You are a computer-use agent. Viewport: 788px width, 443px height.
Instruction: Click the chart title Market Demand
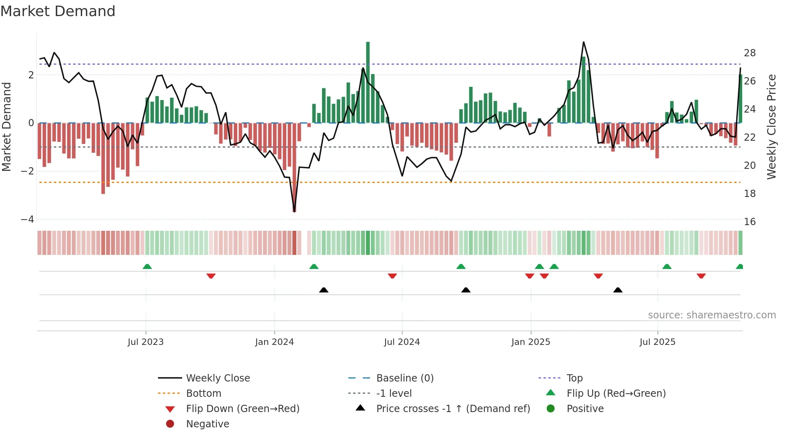[x=58, y=11]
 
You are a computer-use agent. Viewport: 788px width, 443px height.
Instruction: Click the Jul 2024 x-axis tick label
[x=402, y=342]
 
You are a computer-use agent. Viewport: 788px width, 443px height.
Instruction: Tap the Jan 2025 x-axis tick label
[x=530, y=342]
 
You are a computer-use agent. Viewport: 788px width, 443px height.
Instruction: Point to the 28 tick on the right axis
[x=749, y=53]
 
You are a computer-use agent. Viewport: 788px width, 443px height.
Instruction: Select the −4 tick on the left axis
[x=27, y=219]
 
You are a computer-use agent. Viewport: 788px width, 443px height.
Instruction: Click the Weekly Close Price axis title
[x=771, y=127]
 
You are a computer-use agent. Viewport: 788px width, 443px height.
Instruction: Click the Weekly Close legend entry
[x=218, y=378]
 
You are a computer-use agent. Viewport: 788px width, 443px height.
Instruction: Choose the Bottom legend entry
[x=203, y=394]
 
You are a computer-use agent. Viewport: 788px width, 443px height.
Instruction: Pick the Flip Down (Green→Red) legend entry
[x=242, y=409]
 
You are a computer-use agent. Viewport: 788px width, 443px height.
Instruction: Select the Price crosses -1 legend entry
[x=453, y=409]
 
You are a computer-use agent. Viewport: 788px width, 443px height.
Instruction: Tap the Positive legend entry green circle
[x=551, y=409]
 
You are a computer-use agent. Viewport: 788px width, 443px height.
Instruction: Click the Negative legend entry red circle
[x=170, y=424]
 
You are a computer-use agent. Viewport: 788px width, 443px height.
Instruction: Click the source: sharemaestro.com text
[x=712, y=315]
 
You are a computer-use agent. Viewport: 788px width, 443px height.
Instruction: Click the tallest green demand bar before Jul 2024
[x=368, y=80]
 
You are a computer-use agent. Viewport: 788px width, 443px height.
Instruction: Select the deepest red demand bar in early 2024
[x=294, y=169]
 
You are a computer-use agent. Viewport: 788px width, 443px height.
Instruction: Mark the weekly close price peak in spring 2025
[x=583, y=42]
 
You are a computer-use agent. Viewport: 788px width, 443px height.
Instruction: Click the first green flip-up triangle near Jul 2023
[x=147, y=267]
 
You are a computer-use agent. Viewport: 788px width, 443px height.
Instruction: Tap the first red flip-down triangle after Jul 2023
[x=211, y=276]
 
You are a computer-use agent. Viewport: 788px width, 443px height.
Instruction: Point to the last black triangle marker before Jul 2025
[x=618, y=290]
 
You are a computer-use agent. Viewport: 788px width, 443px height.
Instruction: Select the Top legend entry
[x=574, y=378]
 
